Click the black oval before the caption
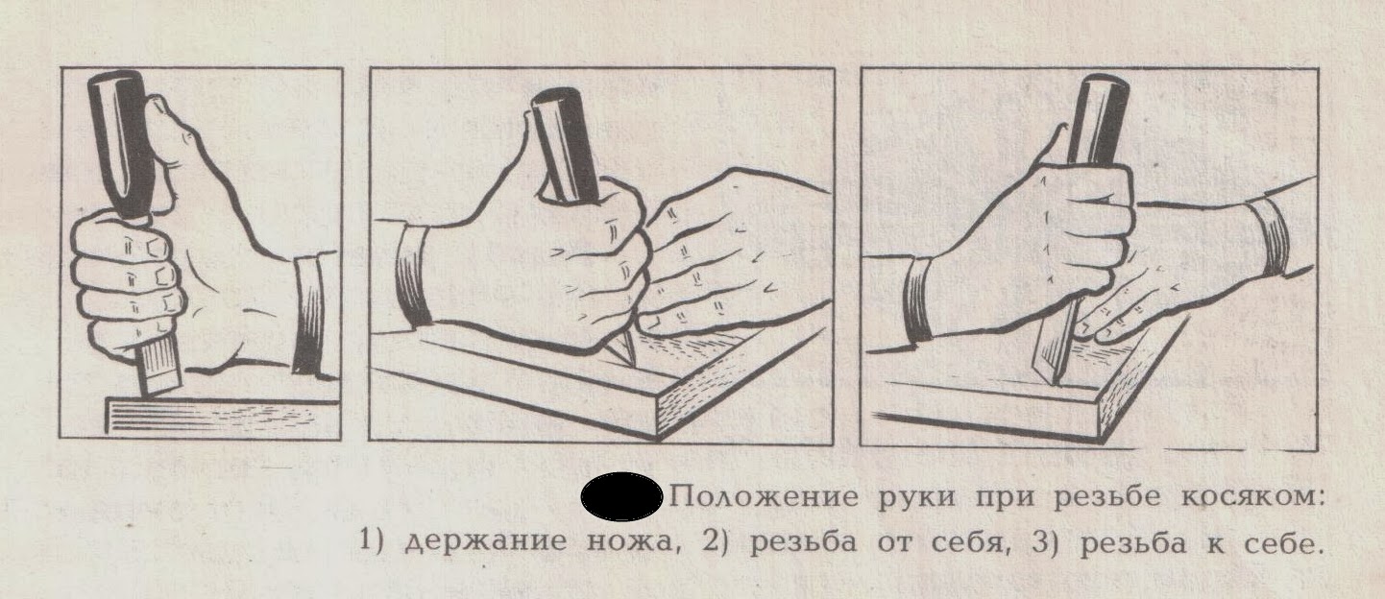(622, 498)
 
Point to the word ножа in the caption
(623, 543)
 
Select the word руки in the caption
(904, 500)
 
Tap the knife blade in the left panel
(158, 370)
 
